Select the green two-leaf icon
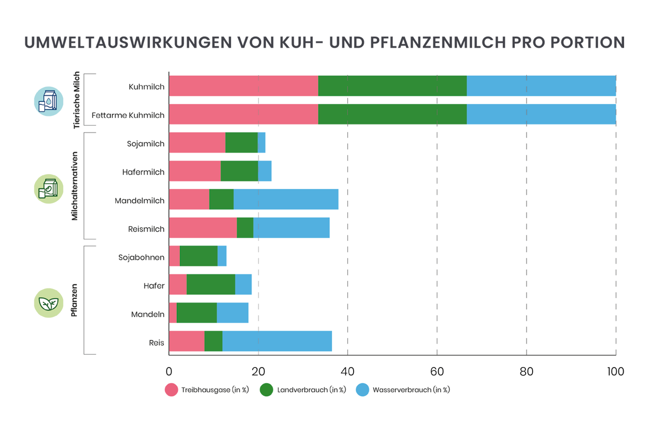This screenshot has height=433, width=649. (x=49, y=304)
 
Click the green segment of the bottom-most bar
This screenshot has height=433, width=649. (x=214, y=339)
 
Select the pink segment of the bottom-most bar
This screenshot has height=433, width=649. (x=187, y=339)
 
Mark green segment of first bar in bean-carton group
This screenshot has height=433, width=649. (x=241, y=142)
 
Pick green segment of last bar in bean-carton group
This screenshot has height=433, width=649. (x=244, y=226)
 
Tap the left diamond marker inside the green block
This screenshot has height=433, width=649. (x=347, y=100)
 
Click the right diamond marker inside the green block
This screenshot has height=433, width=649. (x=437, y=100)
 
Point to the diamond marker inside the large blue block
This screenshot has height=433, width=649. (x=526, y=100)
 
